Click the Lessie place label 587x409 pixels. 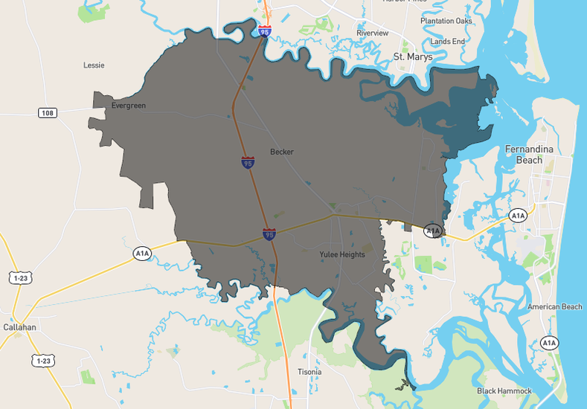click(94, 65)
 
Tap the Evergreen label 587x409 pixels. click(129, 106)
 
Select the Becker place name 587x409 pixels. click(282, 152)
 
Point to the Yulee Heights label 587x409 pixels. click(342, 254)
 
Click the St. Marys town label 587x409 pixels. click(412, 57)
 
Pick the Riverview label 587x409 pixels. click(373, 33)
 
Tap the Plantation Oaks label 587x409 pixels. click(446, 21)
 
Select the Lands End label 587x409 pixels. click(447, 42)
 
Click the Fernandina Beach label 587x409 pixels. click(529, 155)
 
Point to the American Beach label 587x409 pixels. click(555, 307)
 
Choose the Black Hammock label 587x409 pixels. click(504, 391)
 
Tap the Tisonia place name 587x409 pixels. click(309, 372)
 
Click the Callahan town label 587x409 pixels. click(19, 327)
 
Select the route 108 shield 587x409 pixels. click(48, 112)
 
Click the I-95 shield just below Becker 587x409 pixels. click(247, 162)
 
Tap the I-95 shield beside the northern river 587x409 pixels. click(266, 32)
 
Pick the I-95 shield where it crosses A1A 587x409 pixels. click(269, 234)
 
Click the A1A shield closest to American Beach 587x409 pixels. click(548, 343)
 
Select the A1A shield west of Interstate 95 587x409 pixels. click(142, 254)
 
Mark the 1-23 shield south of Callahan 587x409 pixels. click(42, 361)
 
